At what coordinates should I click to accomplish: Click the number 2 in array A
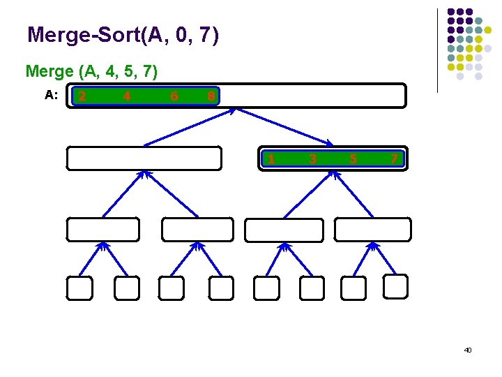[82, 96]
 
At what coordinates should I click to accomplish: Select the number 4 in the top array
[126, 96]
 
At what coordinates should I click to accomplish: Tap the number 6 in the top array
[174, 96]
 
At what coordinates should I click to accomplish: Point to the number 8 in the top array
[211, 96]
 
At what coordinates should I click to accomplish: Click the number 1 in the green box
[271, 159]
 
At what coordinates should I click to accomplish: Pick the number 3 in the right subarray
[312, 159]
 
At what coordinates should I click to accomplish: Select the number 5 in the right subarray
[353, 159]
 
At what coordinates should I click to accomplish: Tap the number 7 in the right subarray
[394, 159]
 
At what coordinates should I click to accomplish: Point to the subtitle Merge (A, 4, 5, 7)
[91, 71]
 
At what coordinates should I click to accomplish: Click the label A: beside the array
[52, 96]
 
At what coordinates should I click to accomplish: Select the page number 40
[468, 349]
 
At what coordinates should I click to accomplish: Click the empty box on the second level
[144, 158]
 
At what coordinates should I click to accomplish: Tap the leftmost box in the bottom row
[79, 288]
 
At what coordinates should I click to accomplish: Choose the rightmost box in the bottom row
[395, 286]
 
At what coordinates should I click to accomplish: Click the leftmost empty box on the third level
[102, 230]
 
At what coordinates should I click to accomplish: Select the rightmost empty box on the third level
[372, 230]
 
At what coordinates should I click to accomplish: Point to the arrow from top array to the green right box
[286, 127]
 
